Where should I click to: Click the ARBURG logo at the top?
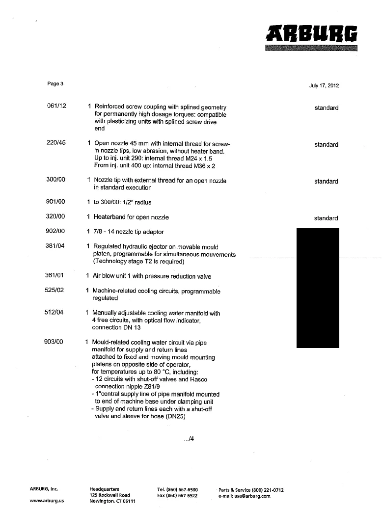pyautogui.click(x=311, y=33)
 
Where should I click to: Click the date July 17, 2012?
pyautogui.click(x=324, y=85)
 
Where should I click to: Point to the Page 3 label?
pyautogui.click(x=55, y=83)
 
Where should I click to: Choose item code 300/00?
pyautogui.click(x=56, y=180)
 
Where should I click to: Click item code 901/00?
pyautogui.click(x=55, y=201)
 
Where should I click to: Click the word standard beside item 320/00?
pyautogui.click(x=327, y=218)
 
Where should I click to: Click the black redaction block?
pyautogui.click(x=318, y=288)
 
